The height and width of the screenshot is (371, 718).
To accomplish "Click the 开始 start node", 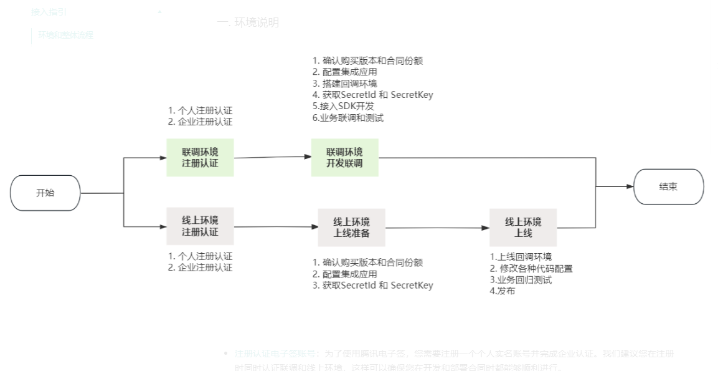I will click(45, 193).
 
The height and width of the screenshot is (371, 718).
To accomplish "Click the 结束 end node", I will click(668, 186).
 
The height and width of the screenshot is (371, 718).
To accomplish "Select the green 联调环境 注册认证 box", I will click(200, 158).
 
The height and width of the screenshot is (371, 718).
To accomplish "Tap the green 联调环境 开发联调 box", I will click(344, 158).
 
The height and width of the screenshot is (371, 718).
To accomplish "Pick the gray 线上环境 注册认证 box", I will click(200, 226).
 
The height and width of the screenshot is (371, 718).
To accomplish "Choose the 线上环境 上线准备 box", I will click(351, 228).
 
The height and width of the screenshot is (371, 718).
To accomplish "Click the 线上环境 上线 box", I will click(523, 228).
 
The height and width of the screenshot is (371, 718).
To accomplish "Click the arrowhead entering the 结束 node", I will click(629, 186).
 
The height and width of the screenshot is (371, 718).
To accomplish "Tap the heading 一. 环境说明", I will click(248, 22).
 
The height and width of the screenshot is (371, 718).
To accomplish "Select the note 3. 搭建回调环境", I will click(344, 84).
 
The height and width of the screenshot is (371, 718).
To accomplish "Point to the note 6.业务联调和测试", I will click(347, 118).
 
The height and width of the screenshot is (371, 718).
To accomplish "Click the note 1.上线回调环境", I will click(521, 257).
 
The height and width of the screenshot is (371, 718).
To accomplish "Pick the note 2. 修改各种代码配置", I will click(531, 269).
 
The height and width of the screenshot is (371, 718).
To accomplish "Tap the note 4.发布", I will click(502, 291).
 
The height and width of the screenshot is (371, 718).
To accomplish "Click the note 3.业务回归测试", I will click(521, 280).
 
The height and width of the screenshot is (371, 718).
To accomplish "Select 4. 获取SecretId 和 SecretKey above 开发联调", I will click(372, 95).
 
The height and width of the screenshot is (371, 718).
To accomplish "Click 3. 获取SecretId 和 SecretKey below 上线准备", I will click(372, 286).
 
